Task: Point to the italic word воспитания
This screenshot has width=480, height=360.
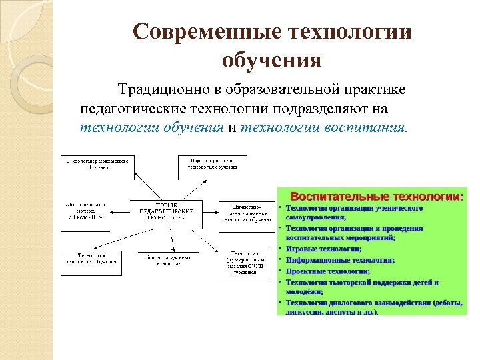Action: click(x=363, y=127)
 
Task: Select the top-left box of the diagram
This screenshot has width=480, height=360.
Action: click(x=97, y=164)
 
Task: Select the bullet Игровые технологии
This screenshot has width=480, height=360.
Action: click(x=324, y=248)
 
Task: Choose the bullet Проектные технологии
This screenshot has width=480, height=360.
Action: click(x=328, y=271)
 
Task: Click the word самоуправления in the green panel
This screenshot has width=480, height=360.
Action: click(x=316, y=217)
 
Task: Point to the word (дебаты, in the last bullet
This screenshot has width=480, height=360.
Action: click(x=447, y=302)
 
